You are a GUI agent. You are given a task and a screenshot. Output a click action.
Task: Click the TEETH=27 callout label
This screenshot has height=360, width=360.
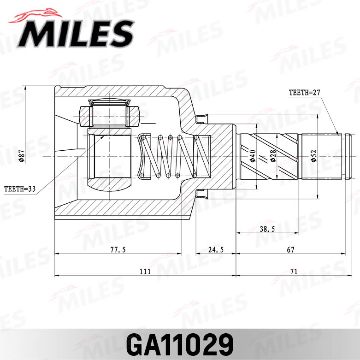click(304, 92)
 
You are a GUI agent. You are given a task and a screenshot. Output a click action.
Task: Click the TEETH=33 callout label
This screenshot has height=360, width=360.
click(20, 189)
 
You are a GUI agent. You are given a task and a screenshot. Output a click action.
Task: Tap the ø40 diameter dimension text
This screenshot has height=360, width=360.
click(252, 156)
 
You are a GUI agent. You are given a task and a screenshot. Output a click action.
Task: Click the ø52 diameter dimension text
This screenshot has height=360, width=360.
click(313, 157)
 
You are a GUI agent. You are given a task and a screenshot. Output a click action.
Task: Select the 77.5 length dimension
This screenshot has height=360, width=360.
click(118, 249)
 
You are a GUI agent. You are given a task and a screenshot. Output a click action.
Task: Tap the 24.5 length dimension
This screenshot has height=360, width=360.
click(216, 249)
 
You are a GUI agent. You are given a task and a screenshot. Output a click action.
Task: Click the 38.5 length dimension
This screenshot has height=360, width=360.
click(268, 228)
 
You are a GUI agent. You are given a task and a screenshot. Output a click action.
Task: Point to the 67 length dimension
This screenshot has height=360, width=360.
click(290, 249)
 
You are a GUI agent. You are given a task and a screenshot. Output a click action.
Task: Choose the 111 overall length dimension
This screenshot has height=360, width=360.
click(145, 271)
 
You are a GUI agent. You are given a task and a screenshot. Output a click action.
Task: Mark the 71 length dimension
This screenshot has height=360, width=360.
click(293, 271)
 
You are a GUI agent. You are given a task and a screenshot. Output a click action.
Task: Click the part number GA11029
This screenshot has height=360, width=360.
click(180, 344)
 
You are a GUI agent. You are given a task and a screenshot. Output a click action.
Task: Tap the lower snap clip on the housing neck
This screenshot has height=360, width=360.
click(201, 194)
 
